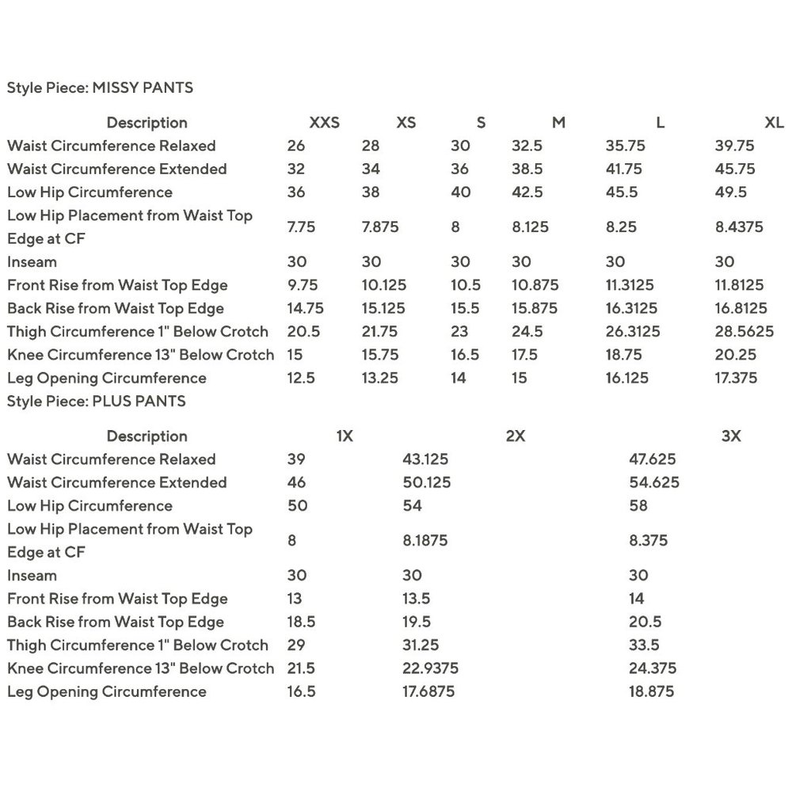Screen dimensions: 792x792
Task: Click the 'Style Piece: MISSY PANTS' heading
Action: tap(100, 88)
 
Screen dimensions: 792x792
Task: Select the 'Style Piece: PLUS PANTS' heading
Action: tap(96, 401)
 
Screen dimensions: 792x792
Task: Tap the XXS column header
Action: tap(324, 123)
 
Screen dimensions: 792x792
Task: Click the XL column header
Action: tap(774, 123)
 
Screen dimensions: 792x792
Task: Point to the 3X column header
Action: tap(731, 436)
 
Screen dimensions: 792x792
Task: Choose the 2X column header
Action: tap(515, 436)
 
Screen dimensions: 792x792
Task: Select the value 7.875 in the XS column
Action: tap(380, 227)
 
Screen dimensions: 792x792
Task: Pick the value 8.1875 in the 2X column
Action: tap(425, 541)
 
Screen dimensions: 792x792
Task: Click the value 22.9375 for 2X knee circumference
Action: tap(430, 668)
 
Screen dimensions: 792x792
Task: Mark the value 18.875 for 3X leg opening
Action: tap(651, 691)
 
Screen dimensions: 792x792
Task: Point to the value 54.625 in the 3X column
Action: tap(653, 482)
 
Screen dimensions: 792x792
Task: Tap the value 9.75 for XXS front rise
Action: tap(301, 285)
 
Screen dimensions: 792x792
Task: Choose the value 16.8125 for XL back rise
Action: tap(741, 308)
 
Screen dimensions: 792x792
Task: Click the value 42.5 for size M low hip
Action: tap(527, 192)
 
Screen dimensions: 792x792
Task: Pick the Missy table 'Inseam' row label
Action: tap(32, 262)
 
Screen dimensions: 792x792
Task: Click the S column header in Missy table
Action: tap(481, 123)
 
